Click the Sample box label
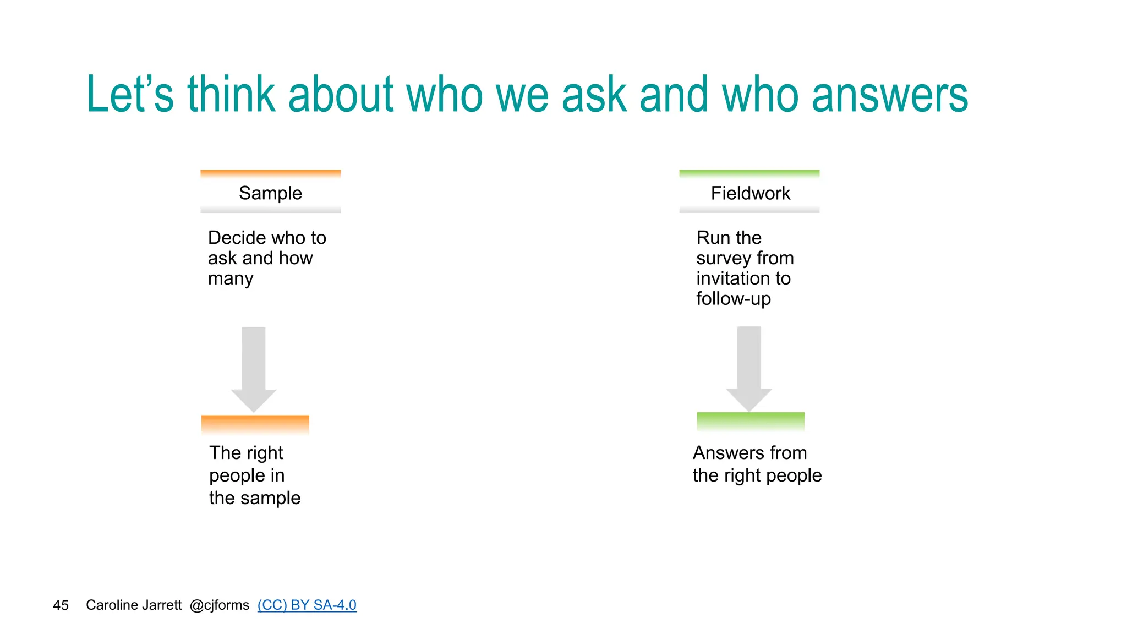click(x=270, y=193)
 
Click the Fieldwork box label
click(x=750, y=193)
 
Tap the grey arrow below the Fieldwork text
click(x=749, y=367)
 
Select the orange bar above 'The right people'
click(x=255, y=424)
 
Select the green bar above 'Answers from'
click(x=751, y=421)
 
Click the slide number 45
click(x=61, y=605)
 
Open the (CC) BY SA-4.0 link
click(x=307, y=605)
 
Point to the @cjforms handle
click(x=219, y=605)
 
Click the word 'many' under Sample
click(x=231, y=279)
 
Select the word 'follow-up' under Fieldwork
click(x=734, y=299)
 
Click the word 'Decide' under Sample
click(x=237, y=238)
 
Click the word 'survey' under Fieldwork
click(x=722, y=258)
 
